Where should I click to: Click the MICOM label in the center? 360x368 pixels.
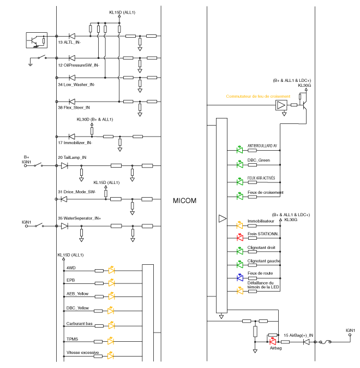pyautogui.click(x=184, y=201)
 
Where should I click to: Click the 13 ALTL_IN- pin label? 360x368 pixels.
pyautogui.click(x=69, y=42)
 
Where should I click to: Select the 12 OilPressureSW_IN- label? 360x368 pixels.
pyautogui.click(x=79, y=64)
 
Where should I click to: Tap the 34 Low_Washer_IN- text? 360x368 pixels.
pyautogui.click(x=76, y=85)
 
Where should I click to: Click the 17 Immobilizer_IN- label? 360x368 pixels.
pyautogui.click(x=75, y=143)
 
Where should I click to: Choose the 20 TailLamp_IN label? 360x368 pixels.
pyautogui.click(x=72, y=157)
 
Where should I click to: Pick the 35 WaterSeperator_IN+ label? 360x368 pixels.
pyautogui.click(x=80, y=218)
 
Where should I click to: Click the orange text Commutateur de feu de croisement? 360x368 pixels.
pyautogui.click(x=255, y=97)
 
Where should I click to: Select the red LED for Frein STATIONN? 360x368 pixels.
pyautogui.click(x=239, y=238)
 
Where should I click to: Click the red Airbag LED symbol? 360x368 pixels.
pyautogui.click(x=272, y=341)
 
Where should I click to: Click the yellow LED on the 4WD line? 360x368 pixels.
pyautogui.click(x=111, y=270)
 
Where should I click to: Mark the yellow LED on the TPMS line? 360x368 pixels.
pyautogui.click(x=111, y=341)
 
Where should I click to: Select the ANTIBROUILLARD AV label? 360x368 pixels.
pyautogui.click(x=263, y=146)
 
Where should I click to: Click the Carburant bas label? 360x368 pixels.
pyautogui.click(x=79, y=324)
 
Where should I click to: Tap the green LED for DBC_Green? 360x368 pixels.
pyautogui.click(x=239, y=163)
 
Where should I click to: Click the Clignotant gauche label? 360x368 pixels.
pyautogui.click(x=264, y=262)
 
